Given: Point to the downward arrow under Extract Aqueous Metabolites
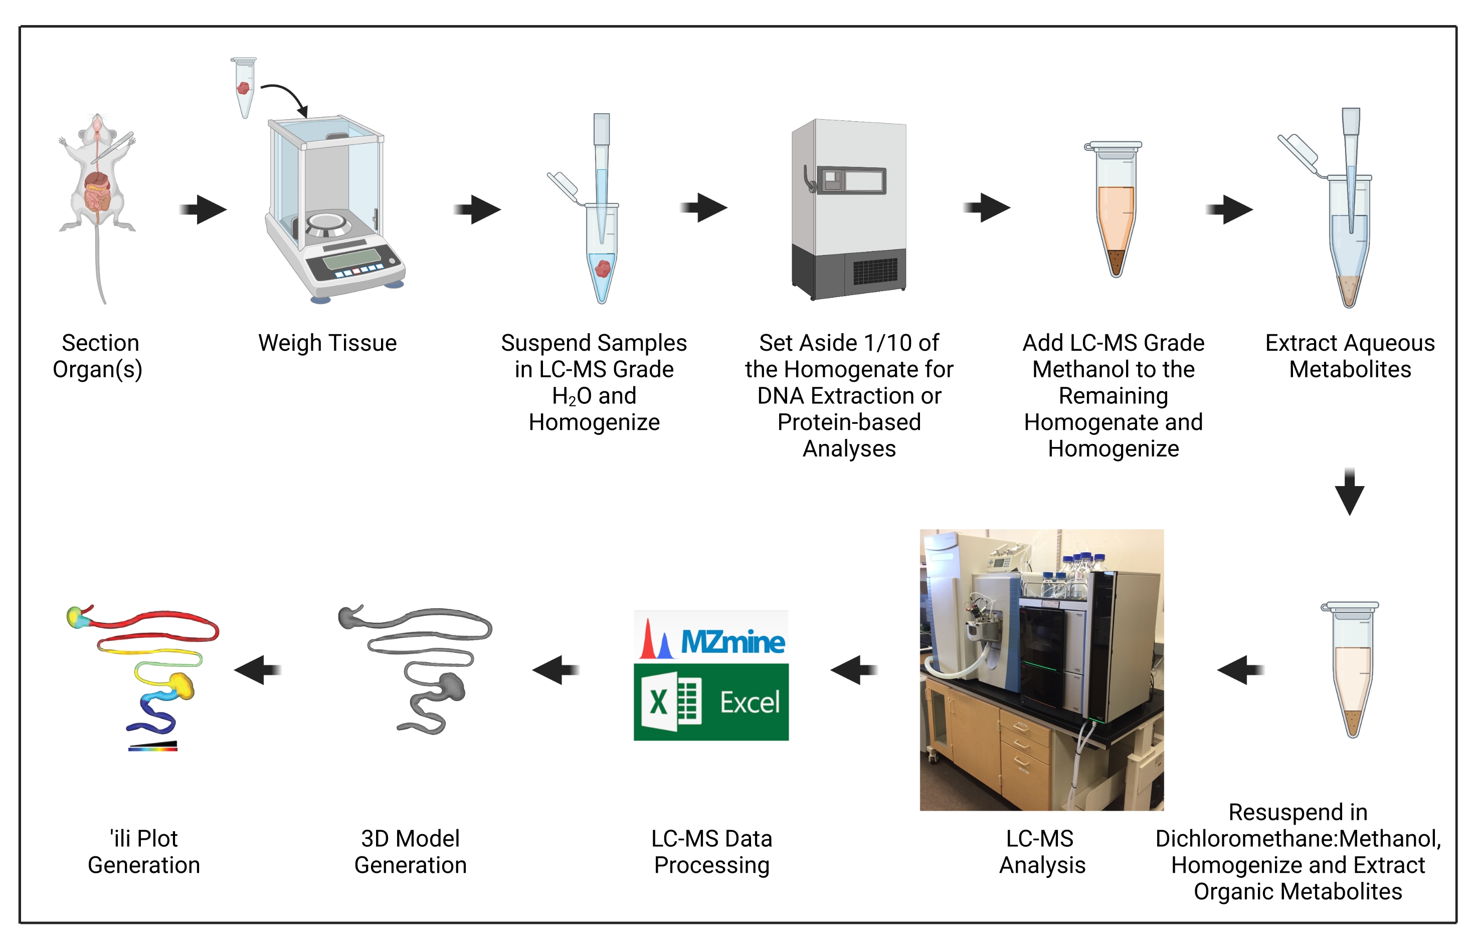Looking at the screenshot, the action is click(1349, 492).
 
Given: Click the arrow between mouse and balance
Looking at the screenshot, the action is click(204, 209).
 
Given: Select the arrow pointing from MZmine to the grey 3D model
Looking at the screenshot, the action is click(556, 669).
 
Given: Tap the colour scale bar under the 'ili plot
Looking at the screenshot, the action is click(152, 747).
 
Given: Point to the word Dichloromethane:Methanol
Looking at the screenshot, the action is click(1298, 839).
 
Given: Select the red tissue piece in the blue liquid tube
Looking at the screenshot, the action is click(603, 268).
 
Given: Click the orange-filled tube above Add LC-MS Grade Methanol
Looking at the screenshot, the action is click(1115, 209).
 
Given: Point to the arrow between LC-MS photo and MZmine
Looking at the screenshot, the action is click(854, 669).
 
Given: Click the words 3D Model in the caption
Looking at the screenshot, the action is click(410, 839).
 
